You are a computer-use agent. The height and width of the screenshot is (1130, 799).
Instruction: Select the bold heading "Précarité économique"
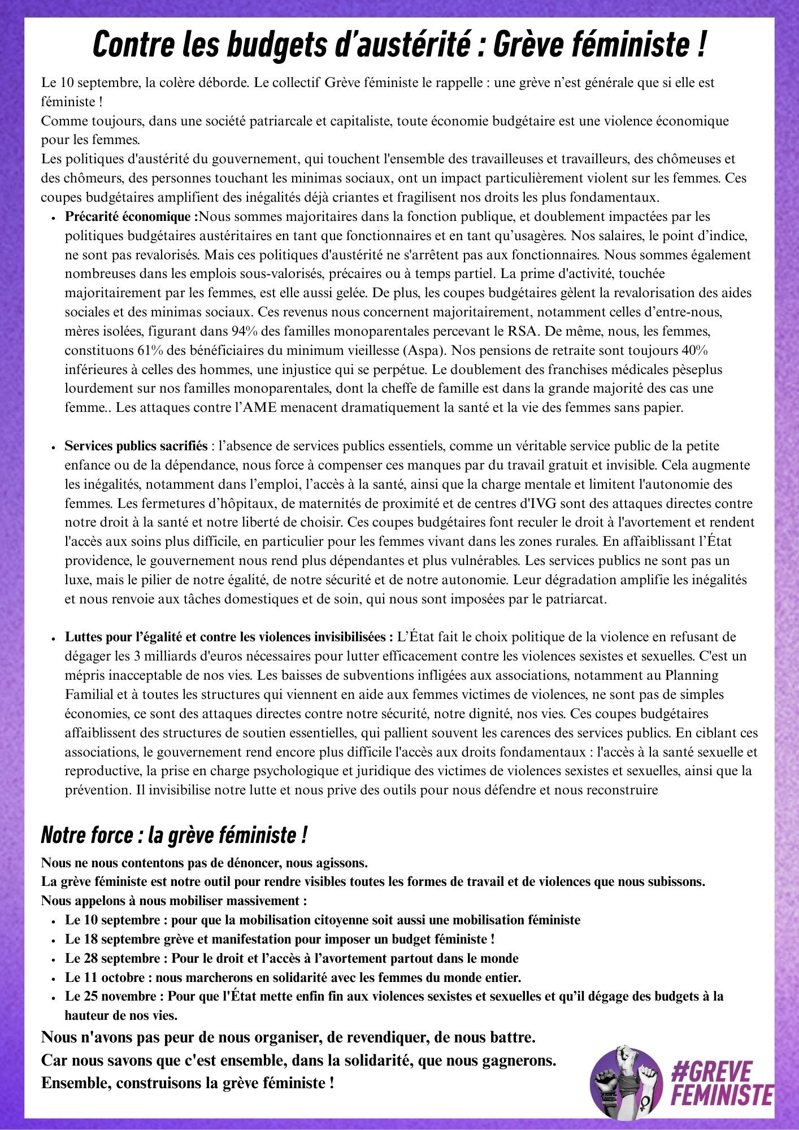131,216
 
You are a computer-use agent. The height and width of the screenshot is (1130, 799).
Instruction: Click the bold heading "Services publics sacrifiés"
136,446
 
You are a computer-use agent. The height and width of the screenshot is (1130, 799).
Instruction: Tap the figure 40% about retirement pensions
694,350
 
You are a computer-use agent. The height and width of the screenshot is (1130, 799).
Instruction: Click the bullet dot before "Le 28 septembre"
53,959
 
